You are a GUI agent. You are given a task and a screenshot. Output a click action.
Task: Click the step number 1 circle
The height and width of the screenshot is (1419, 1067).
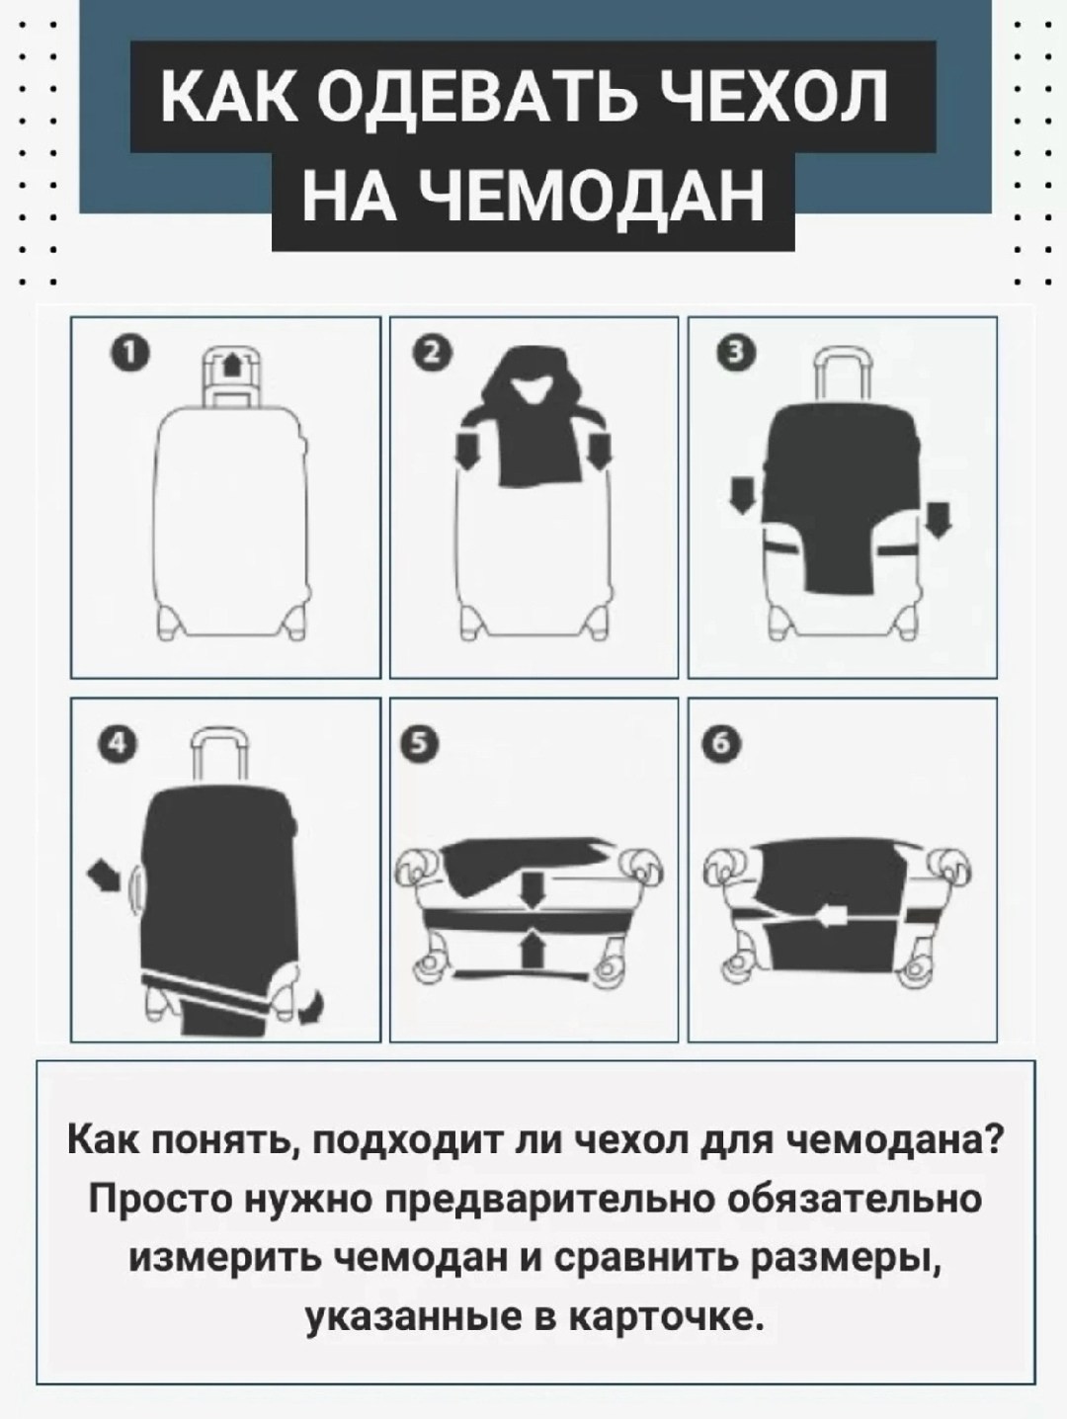130,355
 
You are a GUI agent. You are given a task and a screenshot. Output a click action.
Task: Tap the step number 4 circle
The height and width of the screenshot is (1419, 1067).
116,745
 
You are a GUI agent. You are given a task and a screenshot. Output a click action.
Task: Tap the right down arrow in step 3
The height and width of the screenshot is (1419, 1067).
940,519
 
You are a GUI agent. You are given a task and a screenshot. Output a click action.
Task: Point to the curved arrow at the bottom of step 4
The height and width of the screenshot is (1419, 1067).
314,1007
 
